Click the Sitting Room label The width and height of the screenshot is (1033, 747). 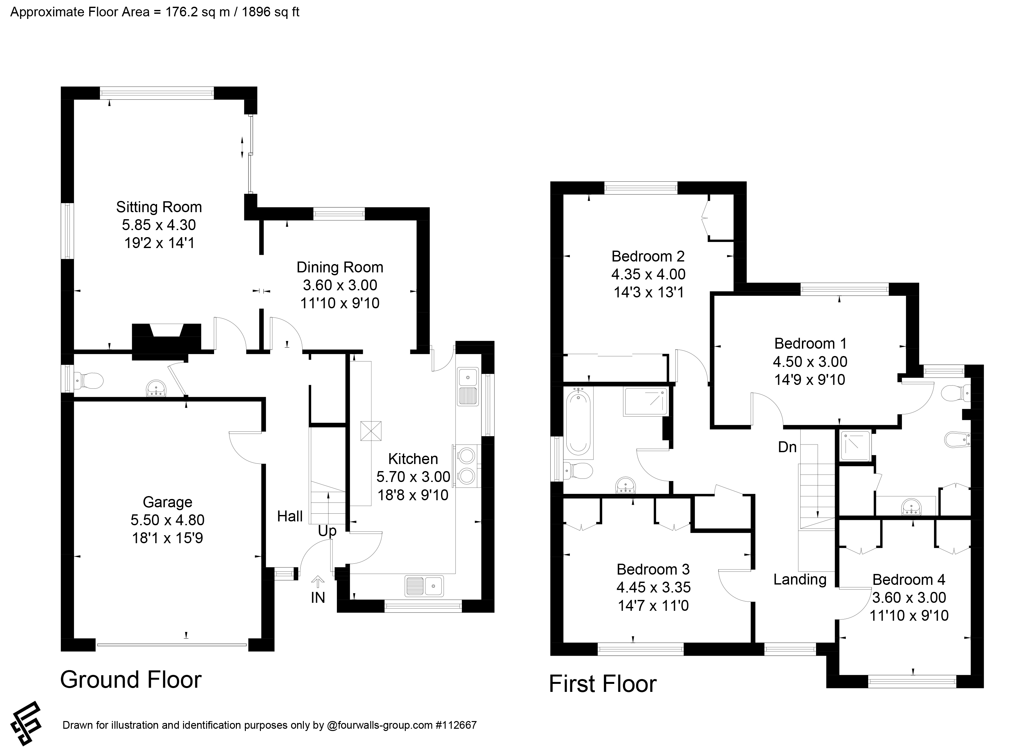159,207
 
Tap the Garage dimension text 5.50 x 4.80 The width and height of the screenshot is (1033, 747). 168,520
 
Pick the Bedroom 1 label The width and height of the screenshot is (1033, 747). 810,344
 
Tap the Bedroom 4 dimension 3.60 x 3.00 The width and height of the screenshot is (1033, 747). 909,598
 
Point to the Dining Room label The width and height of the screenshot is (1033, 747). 340,267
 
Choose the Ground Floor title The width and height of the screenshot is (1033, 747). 131,680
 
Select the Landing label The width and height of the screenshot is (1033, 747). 800,579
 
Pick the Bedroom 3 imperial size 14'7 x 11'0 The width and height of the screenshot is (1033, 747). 654,606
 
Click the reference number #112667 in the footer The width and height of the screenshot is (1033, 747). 456,725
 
